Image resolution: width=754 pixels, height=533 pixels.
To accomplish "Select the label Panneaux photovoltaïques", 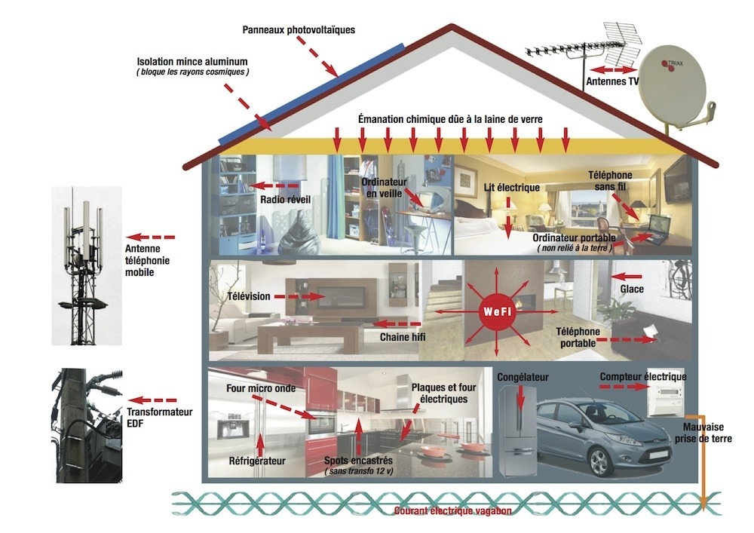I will coord(299,30).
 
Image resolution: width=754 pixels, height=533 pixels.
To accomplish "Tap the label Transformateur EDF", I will coord(159,418).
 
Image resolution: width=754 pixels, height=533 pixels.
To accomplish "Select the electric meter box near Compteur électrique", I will coord(668,397).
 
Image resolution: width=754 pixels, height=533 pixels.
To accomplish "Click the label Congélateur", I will coord(523,376).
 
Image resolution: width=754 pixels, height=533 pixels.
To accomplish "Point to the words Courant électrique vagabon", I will coord(452,511).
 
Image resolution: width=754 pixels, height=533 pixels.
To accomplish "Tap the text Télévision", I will coord(248,296).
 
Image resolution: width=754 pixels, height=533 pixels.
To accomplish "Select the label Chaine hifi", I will coord(403,337).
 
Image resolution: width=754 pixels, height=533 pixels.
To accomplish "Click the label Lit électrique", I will coord(510,186).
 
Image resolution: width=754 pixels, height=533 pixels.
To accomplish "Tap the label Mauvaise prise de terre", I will coord(705,431).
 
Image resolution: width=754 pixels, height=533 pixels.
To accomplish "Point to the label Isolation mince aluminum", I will coord(192,61).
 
